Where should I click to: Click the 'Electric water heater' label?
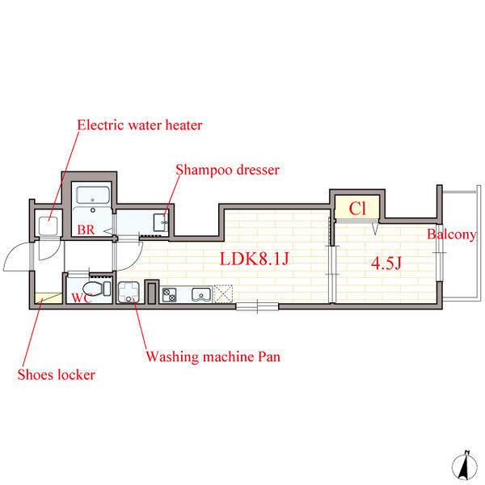pos(140,125)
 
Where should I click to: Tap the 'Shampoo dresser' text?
pos(227,170)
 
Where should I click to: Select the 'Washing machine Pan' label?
pos(213,356)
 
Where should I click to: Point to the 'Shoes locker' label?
pos(57,374)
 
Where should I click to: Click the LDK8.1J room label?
pos(255,259)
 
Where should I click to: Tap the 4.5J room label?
pos(386,264)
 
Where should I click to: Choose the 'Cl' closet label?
pos(357,209)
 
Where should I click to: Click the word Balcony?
pos(452,234)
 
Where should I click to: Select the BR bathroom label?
pos(86,230)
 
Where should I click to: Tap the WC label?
pos(81,297)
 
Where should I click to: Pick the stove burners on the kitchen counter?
pos(170,295)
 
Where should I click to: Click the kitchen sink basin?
pos(201,294)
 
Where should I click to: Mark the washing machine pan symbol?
pos(129,293)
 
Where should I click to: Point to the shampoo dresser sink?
pos(161,222)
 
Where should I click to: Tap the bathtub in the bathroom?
pos(92,195)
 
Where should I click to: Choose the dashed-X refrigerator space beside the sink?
pos(223,293)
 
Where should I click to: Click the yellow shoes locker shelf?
pos(48,298)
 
